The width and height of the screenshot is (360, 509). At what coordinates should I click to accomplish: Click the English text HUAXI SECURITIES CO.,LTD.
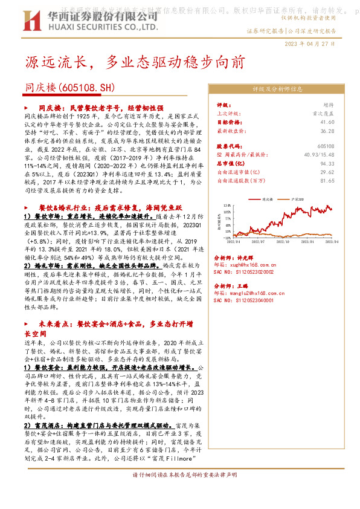(x=83, y=27)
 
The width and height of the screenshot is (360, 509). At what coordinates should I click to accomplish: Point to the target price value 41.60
(x=326, y=122)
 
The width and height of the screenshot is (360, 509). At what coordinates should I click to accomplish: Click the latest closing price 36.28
(x=326, y=130)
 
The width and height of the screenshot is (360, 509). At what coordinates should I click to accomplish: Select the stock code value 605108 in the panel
(x=325, y=146)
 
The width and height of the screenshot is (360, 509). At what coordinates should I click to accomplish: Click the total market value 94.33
(x=326, y=163)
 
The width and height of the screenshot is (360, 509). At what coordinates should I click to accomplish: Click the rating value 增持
(x=328, y=105)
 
